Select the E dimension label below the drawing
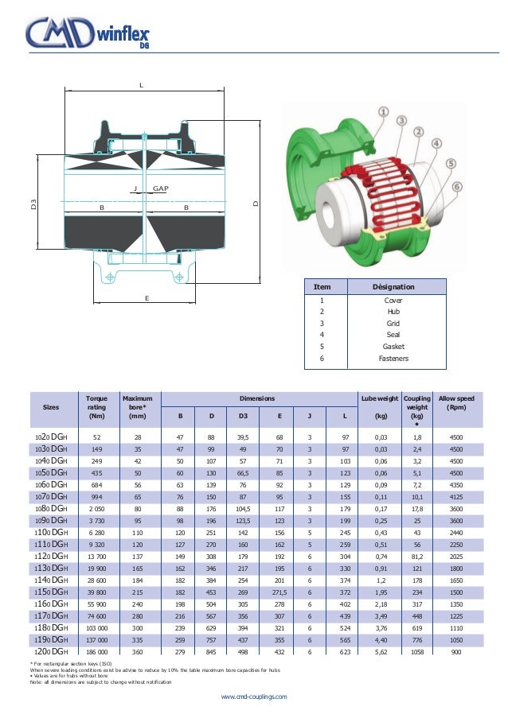[x=147, y=297]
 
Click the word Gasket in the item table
[x=393, y=347]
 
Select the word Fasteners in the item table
[x=393, y=359]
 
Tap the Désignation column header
[x=393, y=286]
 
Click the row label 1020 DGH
[x=51, y=437]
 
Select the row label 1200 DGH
[x=51, y=651]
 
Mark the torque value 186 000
[x=97, y=651]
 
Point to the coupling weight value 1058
[x=416, y=651]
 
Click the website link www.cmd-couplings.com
[x=254, y=696]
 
